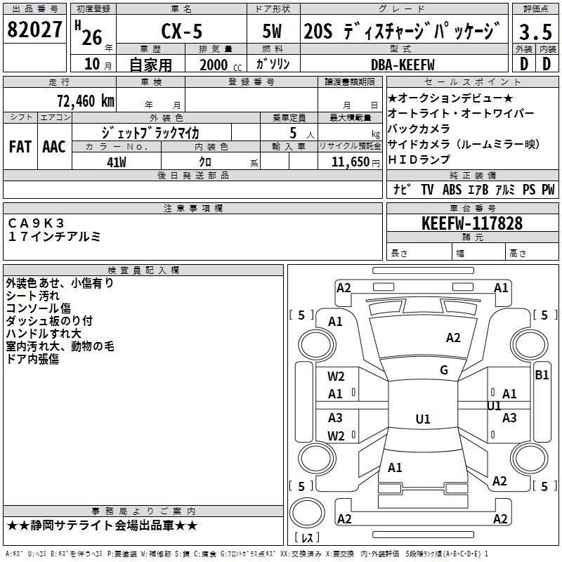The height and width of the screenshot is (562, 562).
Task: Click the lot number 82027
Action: [34, 30]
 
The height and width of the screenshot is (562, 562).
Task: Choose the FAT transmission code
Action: [20, 147]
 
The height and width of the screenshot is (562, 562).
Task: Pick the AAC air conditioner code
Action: [53, 147]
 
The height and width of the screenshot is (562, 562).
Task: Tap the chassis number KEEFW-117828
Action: [472, 223]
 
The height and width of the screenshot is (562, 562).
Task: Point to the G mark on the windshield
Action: [444, 370]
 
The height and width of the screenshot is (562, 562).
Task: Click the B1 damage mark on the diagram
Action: [542, 375]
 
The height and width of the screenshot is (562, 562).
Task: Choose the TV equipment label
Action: [427, 189]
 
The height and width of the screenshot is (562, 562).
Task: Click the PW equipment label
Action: [547, 189]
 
